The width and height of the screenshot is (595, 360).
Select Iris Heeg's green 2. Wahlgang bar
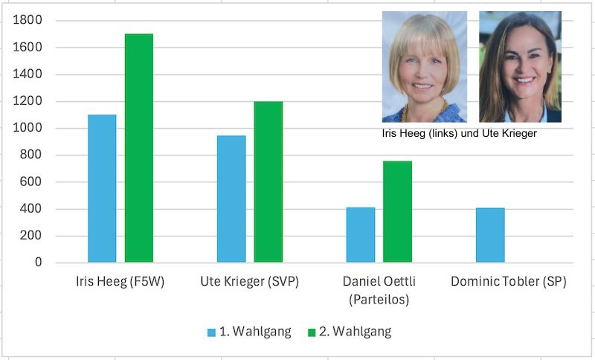139,148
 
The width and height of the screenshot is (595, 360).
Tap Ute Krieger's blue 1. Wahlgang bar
231,199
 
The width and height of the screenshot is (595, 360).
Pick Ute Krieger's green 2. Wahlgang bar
268,181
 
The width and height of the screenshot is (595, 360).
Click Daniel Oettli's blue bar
361,235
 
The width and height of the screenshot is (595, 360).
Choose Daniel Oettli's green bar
398,212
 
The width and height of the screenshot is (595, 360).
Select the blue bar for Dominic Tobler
490,235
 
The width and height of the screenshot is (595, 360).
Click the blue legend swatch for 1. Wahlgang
212,332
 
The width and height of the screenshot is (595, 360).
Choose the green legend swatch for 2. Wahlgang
312,332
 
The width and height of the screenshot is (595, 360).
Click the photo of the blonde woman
425,67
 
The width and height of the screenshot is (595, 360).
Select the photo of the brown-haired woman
520,67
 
